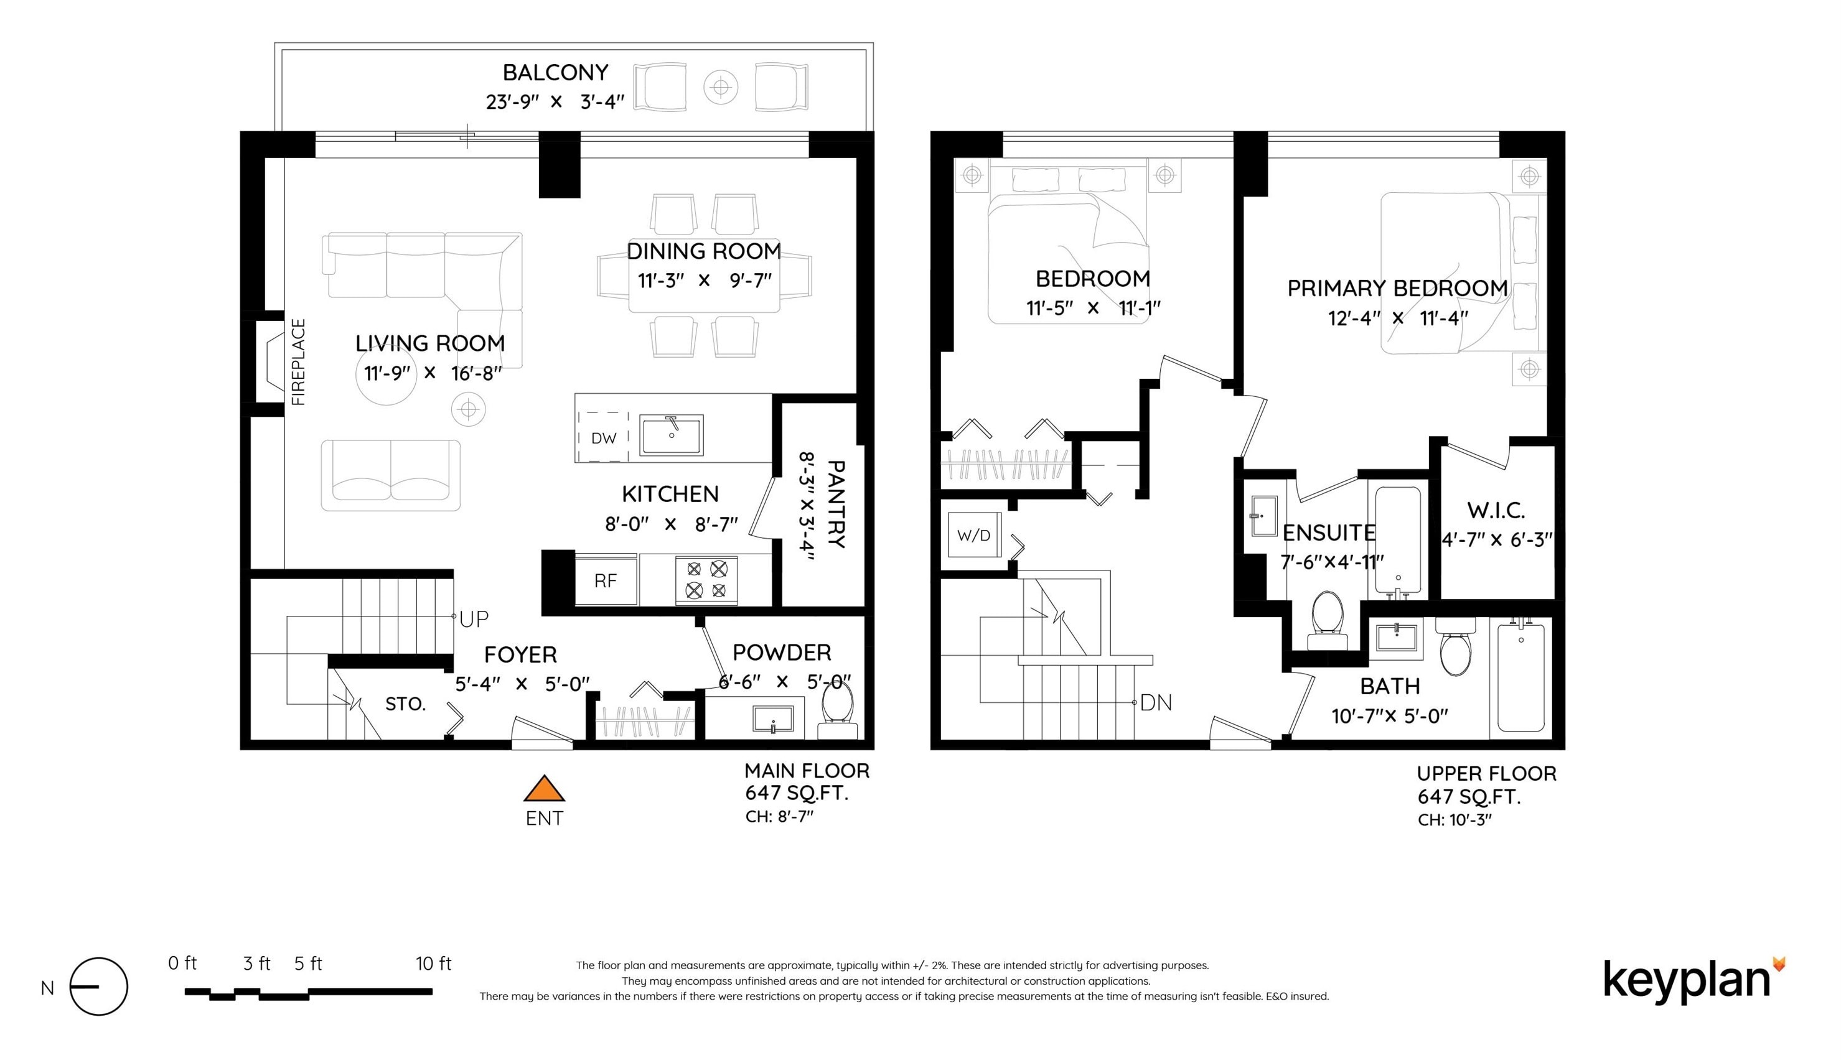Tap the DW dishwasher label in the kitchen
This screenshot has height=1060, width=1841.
coord(604,439)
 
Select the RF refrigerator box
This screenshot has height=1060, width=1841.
coord(606,580)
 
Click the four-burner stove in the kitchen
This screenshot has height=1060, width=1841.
coord(706,580)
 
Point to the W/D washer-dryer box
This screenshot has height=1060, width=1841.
coord(975,536)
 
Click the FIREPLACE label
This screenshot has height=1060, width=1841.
coord(298,362)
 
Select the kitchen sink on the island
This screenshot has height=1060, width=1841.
coord(671,435)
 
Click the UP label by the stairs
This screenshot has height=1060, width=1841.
coord(474,619)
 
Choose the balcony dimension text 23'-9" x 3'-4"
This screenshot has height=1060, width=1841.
coord(555,102)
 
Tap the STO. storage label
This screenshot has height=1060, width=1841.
coord(406,704)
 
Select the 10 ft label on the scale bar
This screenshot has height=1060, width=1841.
coord(433,964)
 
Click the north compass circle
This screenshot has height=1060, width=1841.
coord(99,987)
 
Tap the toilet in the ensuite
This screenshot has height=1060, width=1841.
coord(1327,621)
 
